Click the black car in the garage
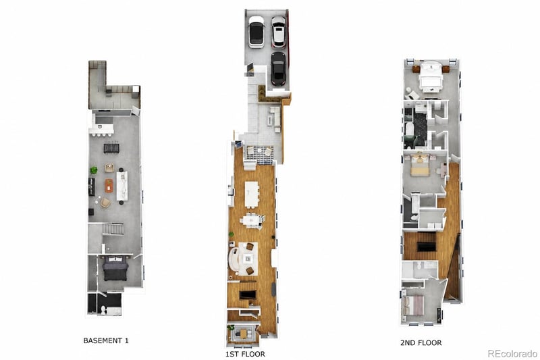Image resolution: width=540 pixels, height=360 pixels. coord(278,68)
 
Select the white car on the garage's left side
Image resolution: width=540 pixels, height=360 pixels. coord(256,32)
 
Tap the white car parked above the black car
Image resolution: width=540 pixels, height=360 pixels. coord(278,32)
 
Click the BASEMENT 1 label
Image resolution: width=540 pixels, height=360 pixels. coord(106,340)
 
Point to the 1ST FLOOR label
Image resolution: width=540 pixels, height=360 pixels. coord(245,354)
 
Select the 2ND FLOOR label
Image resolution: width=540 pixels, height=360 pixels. coord(421,342)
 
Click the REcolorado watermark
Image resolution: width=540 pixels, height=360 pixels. coord(512,353)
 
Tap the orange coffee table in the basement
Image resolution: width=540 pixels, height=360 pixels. coord(109,186)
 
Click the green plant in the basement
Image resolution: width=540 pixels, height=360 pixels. coord(94,170)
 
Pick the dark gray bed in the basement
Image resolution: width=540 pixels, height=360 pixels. coord(115,268)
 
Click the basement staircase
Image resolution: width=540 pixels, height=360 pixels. coord(113,229)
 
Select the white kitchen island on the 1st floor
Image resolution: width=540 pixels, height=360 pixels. coord(252,194)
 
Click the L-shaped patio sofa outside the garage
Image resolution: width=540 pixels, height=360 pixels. coord(275,118)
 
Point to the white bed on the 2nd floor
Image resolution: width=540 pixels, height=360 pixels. coord(430,76)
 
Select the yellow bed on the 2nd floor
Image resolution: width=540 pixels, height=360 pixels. coord(420,165)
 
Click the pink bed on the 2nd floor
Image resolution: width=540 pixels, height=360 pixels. coord(413,305)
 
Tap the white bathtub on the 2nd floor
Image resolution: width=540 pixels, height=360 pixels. coord(409,129)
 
